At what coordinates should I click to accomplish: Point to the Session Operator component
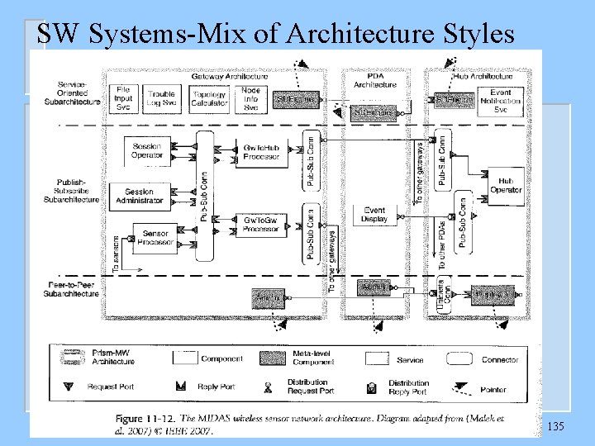(x=148, y=151)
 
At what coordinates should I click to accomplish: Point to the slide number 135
(x=556, y=425)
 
